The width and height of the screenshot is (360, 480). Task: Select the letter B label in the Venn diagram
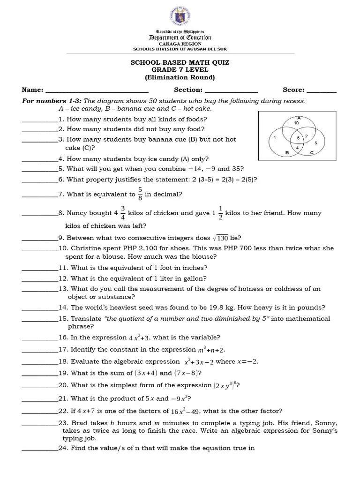(x=287, y=152)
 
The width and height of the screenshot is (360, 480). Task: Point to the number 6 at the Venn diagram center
(x=298, y=138)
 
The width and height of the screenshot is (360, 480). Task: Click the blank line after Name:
(x=97, y=90)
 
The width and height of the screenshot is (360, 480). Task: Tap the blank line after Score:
(x=322, y=90)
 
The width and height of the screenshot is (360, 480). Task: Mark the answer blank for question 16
(x=40, y=337)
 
